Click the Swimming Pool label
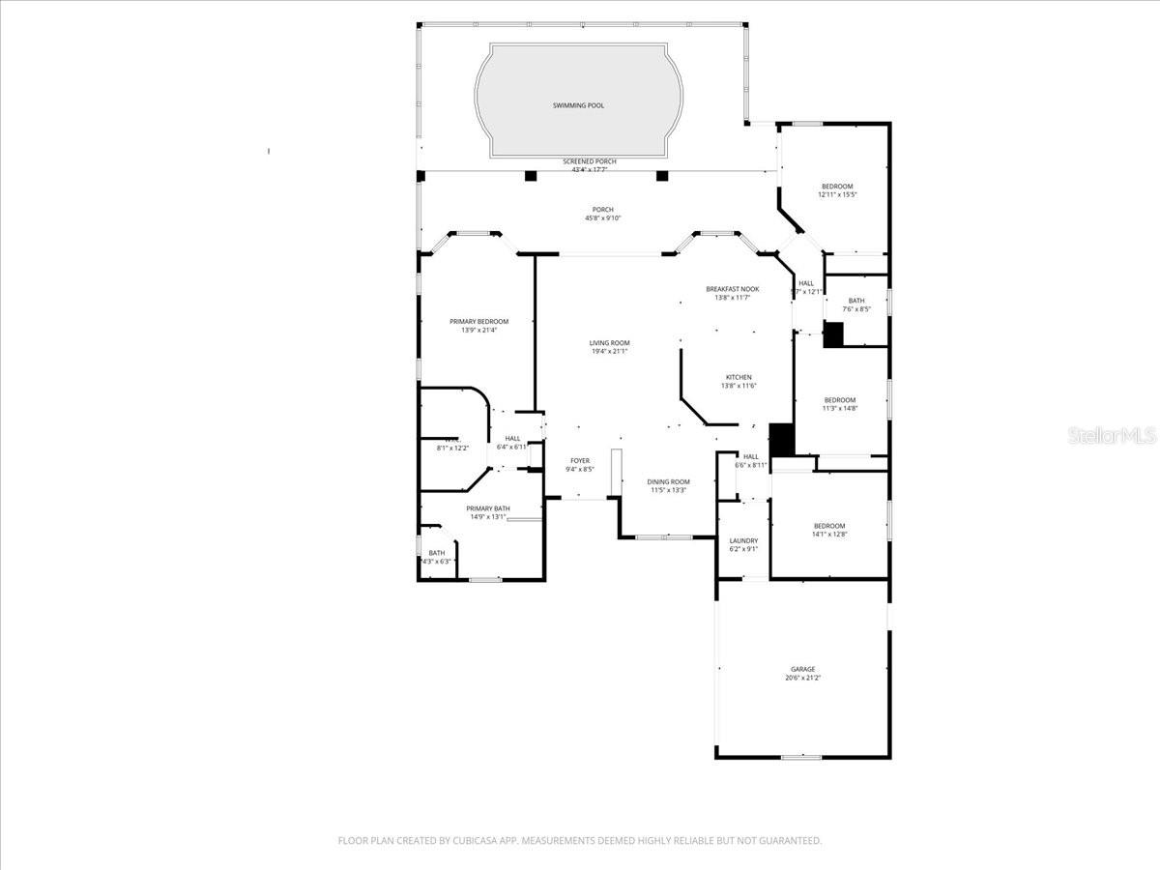click(x=578, y=105)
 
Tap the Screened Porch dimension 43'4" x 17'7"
click(x=590, y=170)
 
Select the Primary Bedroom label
click(x=478, y=322)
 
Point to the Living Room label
click(x=610, y=343)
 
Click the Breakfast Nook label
click(x=732, y=289)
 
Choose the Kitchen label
click(x=739, y=378)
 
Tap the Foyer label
click(x=579, y=461)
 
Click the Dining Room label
click(x=668, y=481)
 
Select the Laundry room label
click(x=743, y=541)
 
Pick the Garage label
click(x=802, y=669)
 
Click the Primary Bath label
click(x=488, y=508)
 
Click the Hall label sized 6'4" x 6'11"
click(x=512, y=439)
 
